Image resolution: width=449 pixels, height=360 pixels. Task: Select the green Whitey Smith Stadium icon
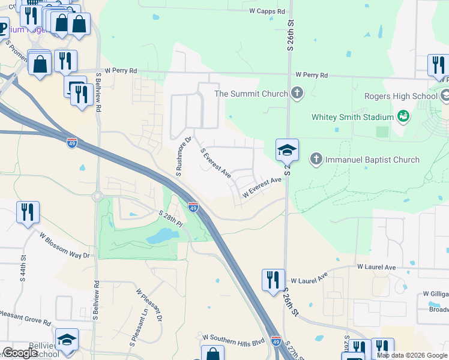pyautogui.click(x=404, y=116)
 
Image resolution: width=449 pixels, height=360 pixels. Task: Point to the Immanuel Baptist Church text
pyautogui.click(x=372, y=160)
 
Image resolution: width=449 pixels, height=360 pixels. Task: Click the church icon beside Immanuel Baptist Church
pyautogui.click(x=316, y=159)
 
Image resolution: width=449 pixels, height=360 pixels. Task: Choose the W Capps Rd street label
pyautogui.click(x=265, y=11)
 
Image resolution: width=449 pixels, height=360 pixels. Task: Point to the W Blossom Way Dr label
pyautogui.click(x=64, y=246)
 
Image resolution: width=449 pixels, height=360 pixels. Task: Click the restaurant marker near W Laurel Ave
pyautogui.click(x=273, y=280)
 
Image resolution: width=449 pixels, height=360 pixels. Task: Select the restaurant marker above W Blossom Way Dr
pyautogui.click(x=28, y=212)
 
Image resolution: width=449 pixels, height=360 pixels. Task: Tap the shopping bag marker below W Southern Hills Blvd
pyautogui.click(x=212, y=354)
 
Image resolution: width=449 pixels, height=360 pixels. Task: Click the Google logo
pyautogui.click(x=20, y=353)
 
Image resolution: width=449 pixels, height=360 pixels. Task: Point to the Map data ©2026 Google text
pyautogui.click(x=411, y=355)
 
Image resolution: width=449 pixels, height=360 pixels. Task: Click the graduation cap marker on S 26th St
pyautogui.click(x=287, y=149)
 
